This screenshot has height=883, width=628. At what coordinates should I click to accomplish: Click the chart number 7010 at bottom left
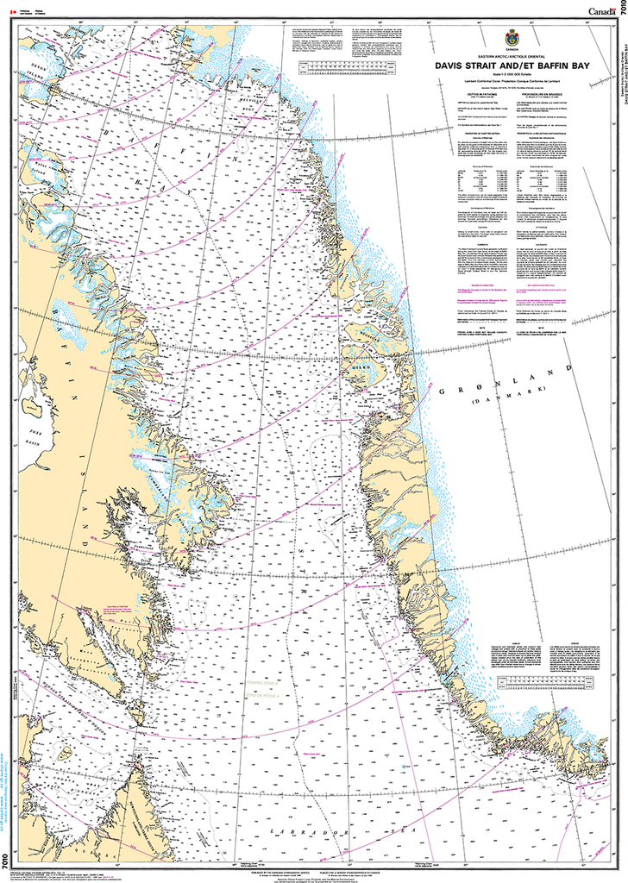(x=7, y=861)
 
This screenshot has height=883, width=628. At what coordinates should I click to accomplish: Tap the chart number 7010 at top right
(x=621, y=12)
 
